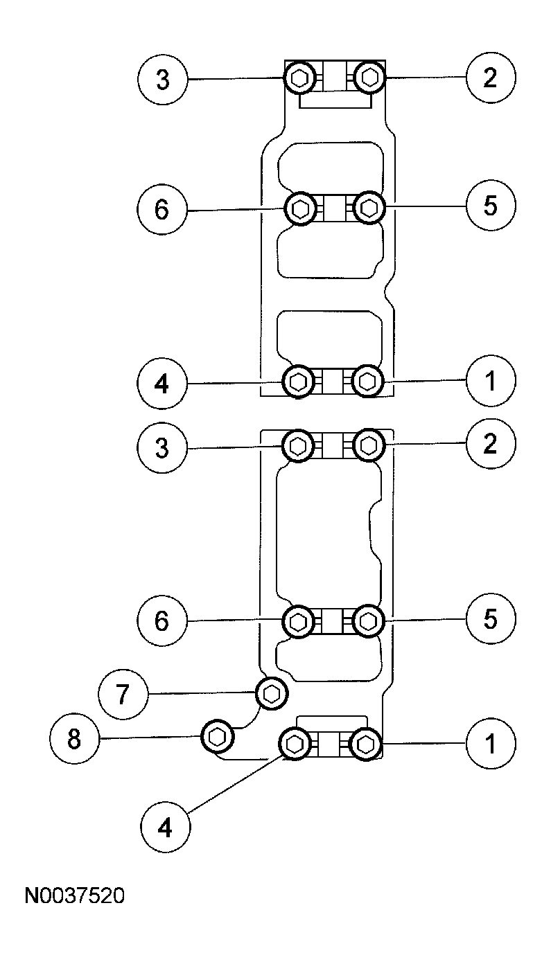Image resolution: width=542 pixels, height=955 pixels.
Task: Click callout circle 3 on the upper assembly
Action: (x=162, y=80)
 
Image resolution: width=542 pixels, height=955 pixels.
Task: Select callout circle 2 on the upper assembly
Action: (x=491, y=78)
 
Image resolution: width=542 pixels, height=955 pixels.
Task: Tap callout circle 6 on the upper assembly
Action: (x=161, y=209)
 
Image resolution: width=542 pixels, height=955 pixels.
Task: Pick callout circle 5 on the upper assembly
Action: (x=491, y=206)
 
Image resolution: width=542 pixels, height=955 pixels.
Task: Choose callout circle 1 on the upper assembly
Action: (x=491, y=381)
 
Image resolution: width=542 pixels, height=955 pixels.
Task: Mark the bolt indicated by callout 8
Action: (x=216, y=736)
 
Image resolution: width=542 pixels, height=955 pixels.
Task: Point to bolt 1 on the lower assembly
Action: (x=365, y=744)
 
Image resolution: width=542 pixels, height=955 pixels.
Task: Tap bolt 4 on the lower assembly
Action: (x=295, y=744)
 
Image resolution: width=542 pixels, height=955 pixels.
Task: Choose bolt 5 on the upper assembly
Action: (x=369, y=206)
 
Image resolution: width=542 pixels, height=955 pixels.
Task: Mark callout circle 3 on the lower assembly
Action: (x=162, y=448)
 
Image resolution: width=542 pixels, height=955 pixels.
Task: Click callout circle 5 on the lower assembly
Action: (x=491, y=618)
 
